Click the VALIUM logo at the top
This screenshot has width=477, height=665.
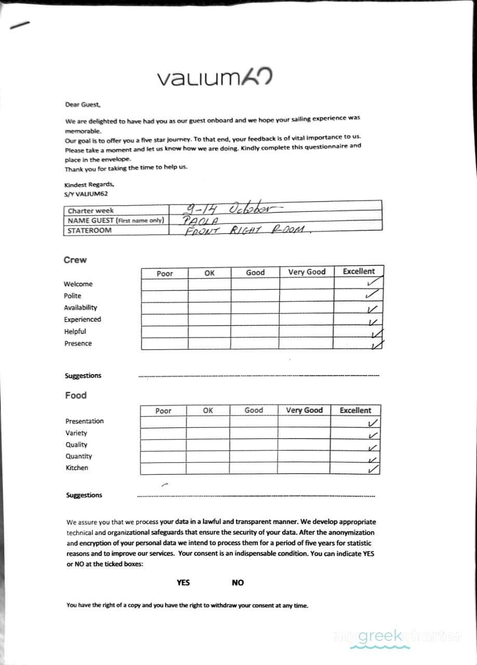(x=215, y=78)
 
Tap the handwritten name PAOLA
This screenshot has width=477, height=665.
(x=196, y=220)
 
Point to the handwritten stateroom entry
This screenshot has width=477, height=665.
(x=247, y=230)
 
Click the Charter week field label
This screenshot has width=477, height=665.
(x=90, y=211)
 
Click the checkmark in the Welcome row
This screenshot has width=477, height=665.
(x=373, y=283)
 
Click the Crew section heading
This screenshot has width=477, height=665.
(x=75, y=260)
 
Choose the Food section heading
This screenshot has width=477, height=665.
(x=76, y=395)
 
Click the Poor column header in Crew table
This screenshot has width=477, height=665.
(x=164, y=273)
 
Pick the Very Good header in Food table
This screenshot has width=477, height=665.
(x=304, y=410)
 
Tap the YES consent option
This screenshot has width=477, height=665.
(x=183, y=582)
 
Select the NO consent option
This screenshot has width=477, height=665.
(x=237, y=582)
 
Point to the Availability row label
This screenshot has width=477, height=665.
(x=81, y=308)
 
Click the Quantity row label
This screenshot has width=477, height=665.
(x=78, y=456)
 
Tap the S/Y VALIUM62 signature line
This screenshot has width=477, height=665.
(x=86, y=194)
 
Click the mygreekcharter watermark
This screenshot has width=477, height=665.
(x=397, y=636)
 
